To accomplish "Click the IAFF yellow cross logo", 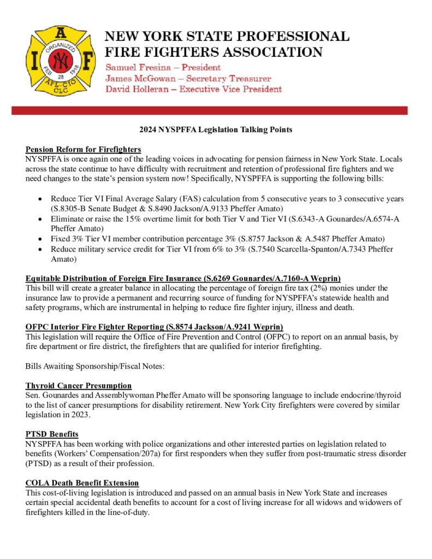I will (61, 60).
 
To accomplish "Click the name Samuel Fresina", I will (136, 68).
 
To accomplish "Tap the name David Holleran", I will (138, 89).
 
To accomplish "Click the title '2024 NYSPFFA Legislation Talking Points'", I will (216, 130).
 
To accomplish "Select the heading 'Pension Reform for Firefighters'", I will (83, 149).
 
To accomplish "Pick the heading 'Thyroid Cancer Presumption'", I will (79, 386).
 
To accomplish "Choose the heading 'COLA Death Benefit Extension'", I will (82, 483).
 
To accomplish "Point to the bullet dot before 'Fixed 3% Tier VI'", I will (40, 239).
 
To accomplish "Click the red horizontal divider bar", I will (210, 110).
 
